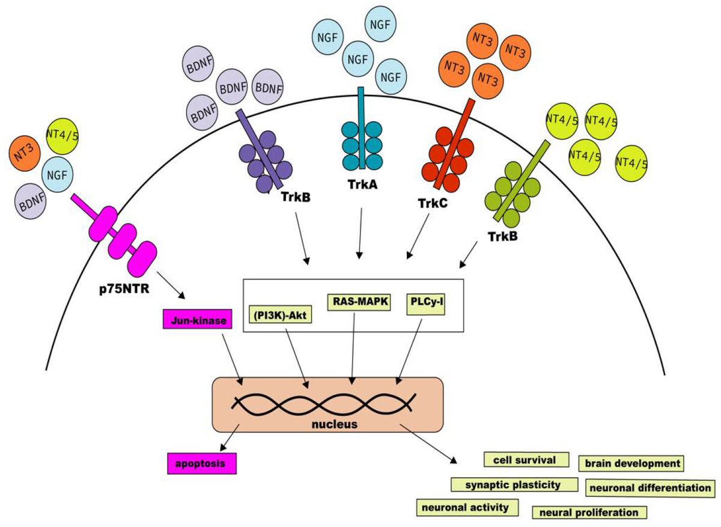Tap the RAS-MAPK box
[359, 302]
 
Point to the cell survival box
[526, 460]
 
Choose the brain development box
[631, 463]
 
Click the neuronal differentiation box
[651, 487]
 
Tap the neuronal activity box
[466, 507]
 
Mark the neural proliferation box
[589, 512]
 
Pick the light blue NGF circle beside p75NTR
[58, 176]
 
